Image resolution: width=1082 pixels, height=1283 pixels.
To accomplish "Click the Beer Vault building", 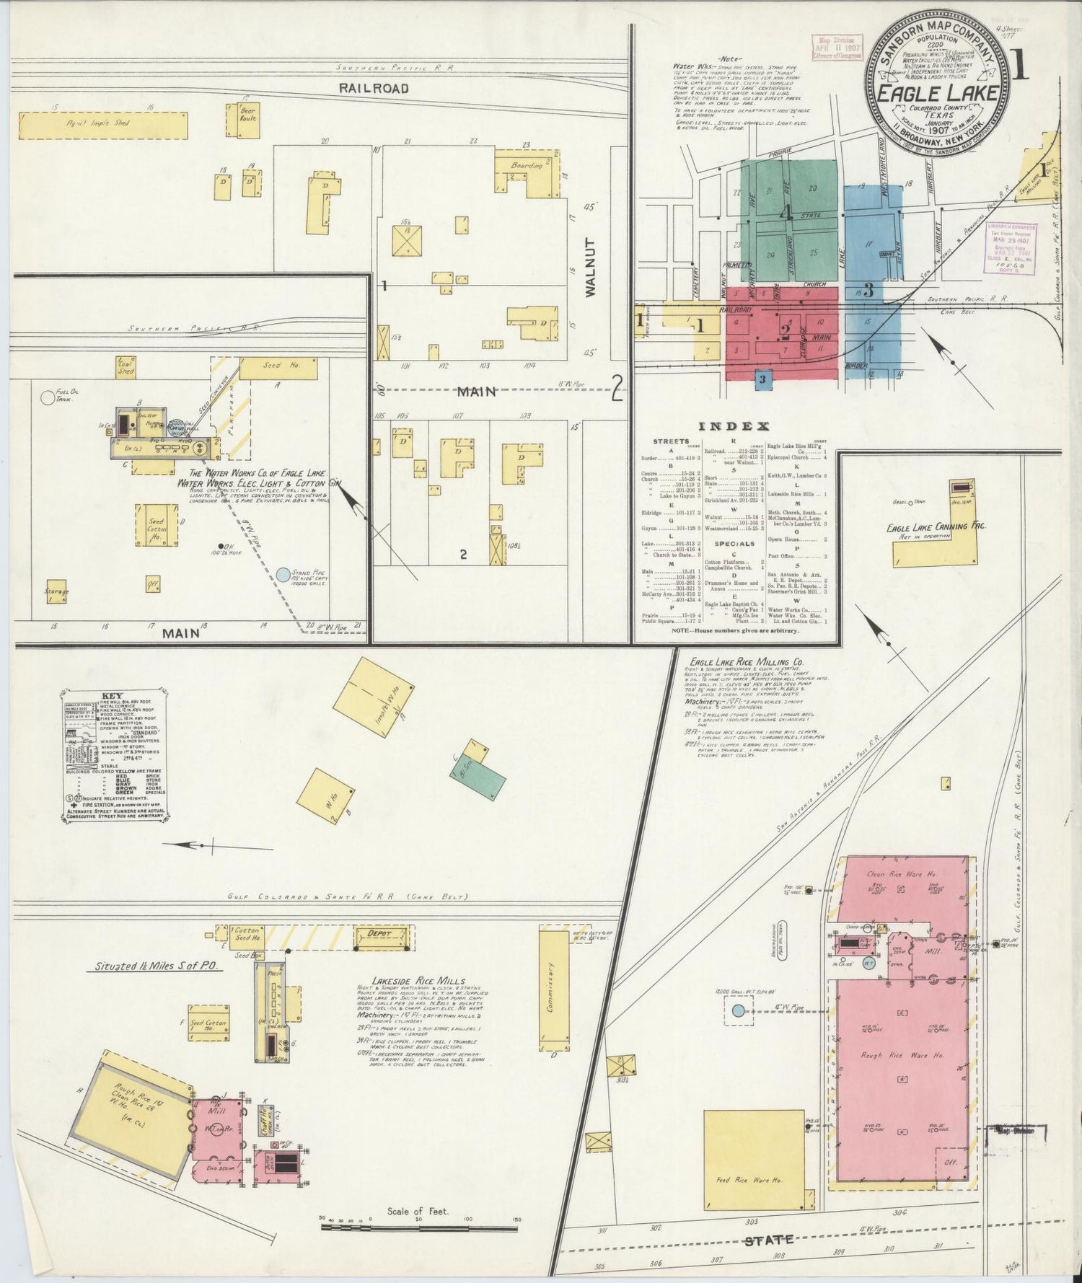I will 248,120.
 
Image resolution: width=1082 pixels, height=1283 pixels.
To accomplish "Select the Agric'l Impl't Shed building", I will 103,125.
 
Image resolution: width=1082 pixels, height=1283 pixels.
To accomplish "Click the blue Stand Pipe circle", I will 283,575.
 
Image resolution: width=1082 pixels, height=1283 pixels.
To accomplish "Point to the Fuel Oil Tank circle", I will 48,397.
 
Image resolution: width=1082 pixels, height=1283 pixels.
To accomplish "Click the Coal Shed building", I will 126,368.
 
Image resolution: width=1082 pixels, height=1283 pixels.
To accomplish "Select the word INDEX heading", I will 739,426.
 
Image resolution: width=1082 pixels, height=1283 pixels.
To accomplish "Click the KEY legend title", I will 113,696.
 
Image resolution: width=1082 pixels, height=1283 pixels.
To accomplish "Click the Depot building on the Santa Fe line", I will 380,935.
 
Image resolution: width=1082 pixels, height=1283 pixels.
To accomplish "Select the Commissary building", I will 554,992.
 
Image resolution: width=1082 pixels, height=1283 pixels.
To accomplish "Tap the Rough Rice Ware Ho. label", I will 902,1055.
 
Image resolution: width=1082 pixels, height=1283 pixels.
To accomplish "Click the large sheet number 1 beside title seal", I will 1020,67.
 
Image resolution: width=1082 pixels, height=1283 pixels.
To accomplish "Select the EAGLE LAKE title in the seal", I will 937,93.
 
